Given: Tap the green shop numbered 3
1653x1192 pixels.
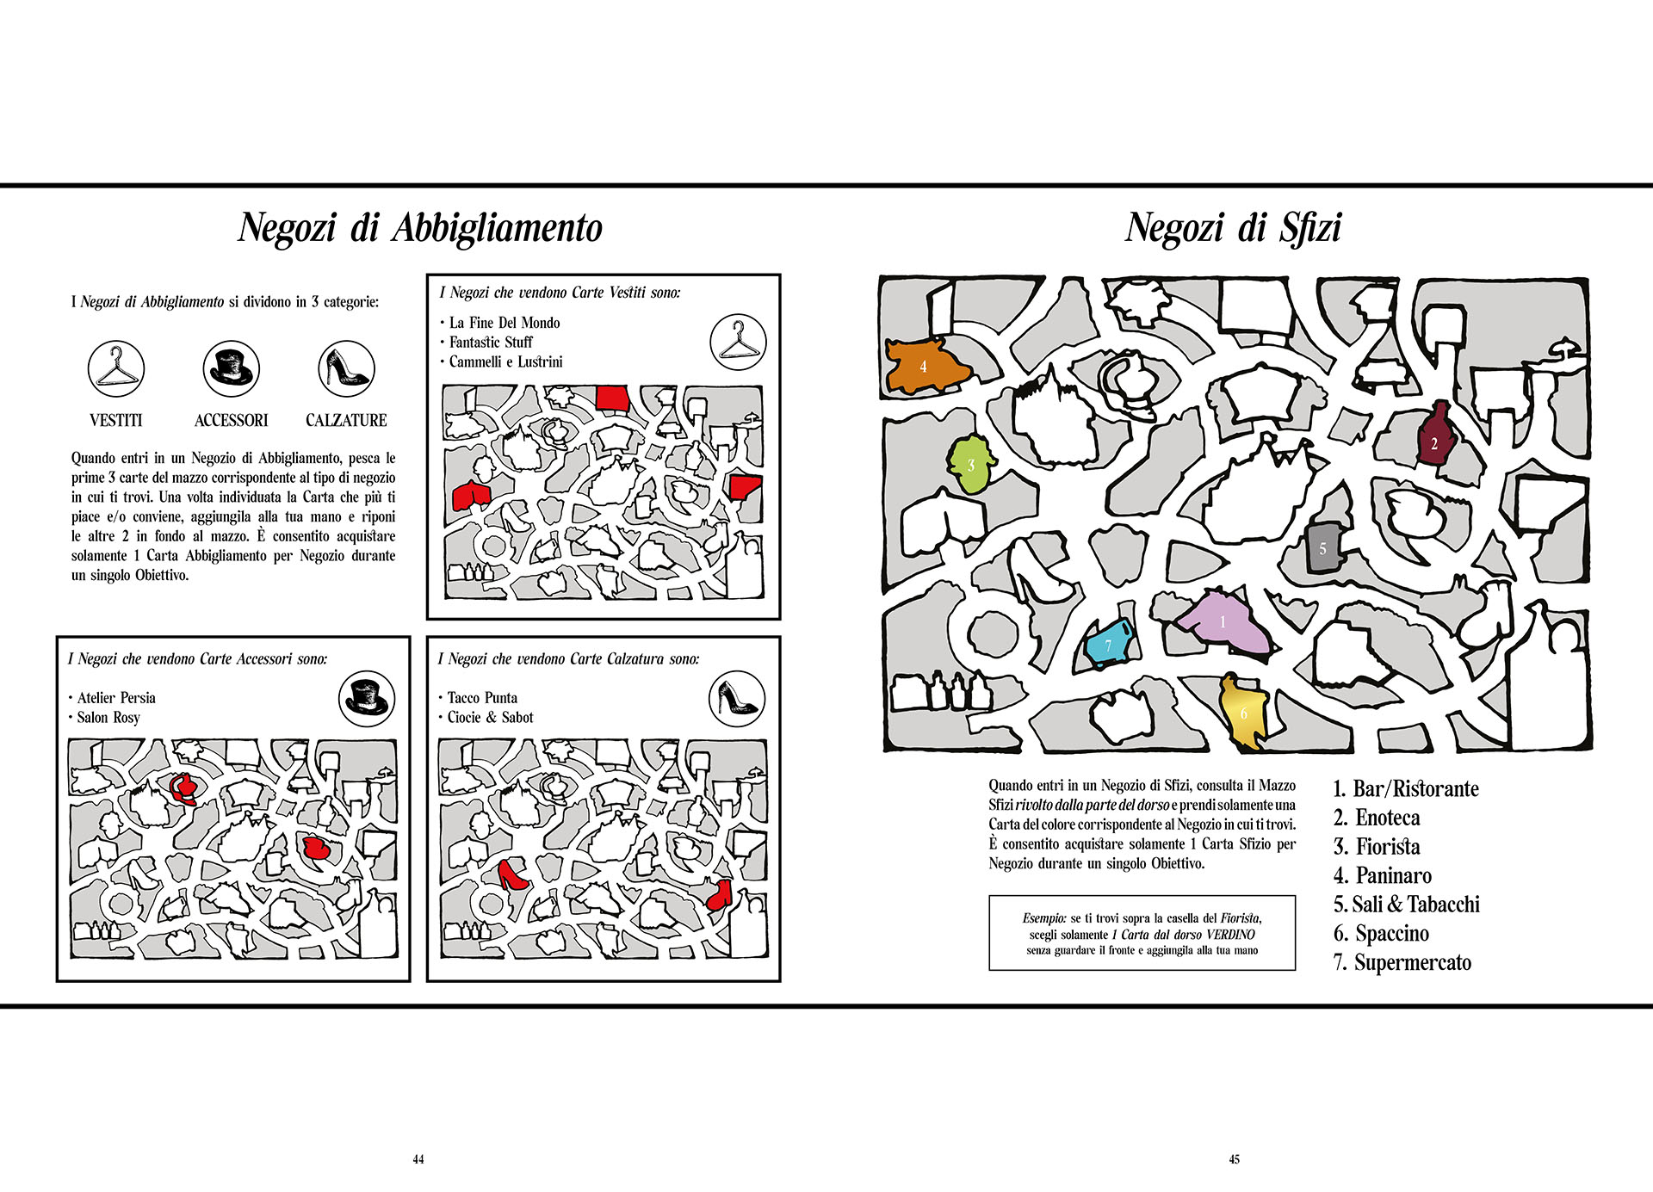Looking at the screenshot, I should tap(971, 465).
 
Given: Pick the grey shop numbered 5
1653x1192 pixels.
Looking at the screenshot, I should tap(1322, 547).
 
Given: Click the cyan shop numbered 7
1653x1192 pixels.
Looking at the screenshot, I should tap(1108, 645).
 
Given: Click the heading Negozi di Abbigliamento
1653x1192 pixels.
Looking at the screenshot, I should tap(420, 228).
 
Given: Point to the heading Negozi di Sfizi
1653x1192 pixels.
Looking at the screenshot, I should tap(1233, 228).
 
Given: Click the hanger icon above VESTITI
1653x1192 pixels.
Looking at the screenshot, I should tap(116, 368).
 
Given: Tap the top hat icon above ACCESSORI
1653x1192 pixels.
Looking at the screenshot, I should tap(231, 368).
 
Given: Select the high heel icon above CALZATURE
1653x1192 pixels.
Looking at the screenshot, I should tap(346, 368).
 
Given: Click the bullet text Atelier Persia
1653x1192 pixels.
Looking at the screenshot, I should tap(116, 698).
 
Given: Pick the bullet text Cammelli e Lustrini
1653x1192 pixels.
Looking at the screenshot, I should tap(505, 362).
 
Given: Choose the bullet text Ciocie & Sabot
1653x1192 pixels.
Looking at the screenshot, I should tap(490, 718).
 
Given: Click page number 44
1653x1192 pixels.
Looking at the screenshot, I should tap(418, 1159).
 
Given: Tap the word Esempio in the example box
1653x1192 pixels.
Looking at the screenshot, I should tap(1044, 918).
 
